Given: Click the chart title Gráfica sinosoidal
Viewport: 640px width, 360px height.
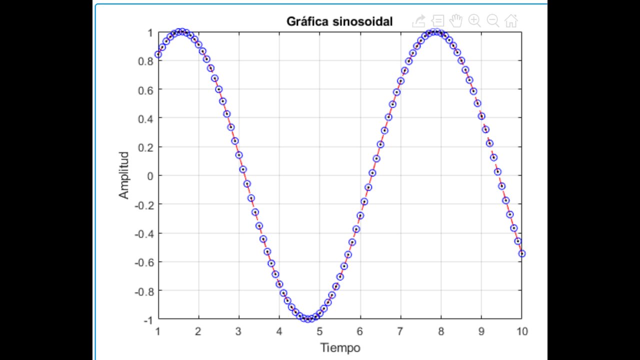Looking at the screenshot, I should coord(339,21).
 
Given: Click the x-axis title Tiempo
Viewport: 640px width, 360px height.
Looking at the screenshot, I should coord(340,347).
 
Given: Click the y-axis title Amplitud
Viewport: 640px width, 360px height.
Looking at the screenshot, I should coord(124,175).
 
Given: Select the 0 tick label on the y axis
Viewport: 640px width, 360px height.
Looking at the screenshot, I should coord(150,175).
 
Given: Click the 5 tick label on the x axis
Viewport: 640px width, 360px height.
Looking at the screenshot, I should coord(319,331).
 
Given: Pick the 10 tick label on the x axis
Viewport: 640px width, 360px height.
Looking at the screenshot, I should coord(521,331).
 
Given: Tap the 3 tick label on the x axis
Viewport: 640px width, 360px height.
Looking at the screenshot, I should coord(239,331).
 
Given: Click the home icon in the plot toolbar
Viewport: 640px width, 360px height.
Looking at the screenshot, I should coord(511,20).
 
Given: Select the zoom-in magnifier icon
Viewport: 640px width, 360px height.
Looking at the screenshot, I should coord(474,20).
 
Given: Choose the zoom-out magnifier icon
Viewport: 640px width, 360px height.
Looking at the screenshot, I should coord(493,20).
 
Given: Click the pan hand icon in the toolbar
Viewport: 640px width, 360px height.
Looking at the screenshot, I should coord(455,20).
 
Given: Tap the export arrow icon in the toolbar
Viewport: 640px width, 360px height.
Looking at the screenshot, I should coord(418,20).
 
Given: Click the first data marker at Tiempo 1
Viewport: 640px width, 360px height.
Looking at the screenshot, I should coord(158,54).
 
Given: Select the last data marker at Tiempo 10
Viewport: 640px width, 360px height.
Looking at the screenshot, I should coord(522,253).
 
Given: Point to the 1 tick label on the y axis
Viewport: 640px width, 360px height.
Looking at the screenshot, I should coord(150,32).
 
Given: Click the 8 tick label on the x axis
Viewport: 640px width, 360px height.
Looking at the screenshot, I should coord(440,331).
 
